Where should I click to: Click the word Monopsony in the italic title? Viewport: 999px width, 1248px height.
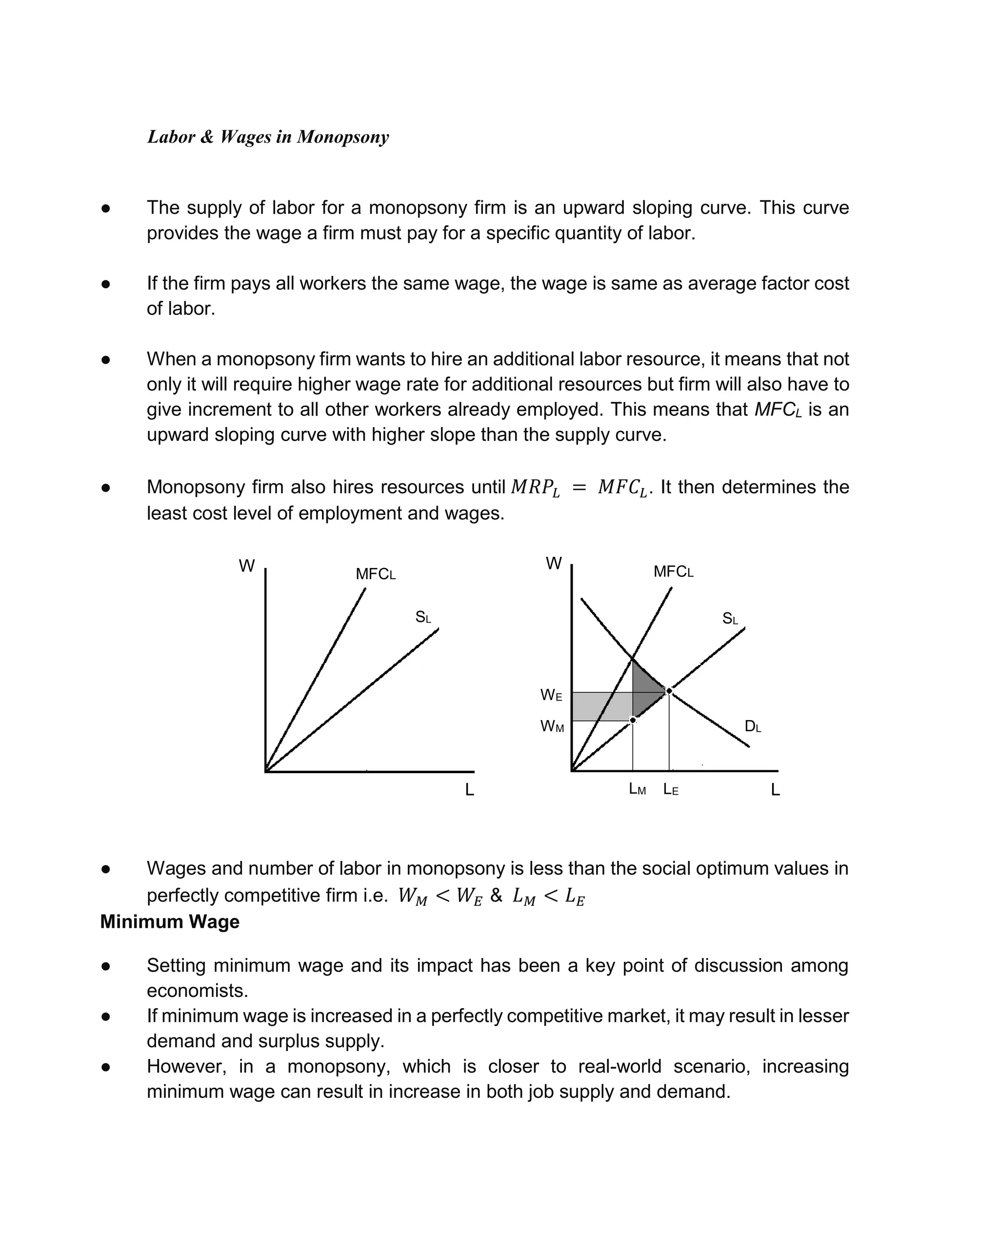tap(342, 137)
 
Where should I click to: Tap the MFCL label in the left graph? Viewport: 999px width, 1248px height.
tap(375, 574)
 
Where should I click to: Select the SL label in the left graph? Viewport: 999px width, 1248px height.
tap(423, 617)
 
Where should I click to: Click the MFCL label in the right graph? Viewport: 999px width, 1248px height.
tap(673, 572)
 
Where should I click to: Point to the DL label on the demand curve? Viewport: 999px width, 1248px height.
tap(752, 726)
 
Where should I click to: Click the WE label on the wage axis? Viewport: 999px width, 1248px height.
tap(551, 695)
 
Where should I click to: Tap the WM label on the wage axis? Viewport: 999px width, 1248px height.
tap(551, 726)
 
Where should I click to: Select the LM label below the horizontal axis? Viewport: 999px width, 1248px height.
tap(637, 790)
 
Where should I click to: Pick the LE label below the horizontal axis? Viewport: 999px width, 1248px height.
tap(671, 790)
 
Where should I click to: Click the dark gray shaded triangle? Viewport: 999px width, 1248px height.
tap(644, 691)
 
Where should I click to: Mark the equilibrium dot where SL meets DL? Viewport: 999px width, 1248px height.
tap(669, 691)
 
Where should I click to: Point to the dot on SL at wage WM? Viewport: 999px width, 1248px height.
tap(633, 720)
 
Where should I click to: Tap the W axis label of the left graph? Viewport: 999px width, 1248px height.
tap(247, 566)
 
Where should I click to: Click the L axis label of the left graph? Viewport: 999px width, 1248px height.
tap(470, 790)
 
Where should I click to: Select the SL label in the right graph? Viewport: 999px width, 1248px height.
tap(730, 619)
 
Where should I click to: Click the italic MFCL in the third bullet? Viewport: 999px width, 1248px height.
tap(778, 410)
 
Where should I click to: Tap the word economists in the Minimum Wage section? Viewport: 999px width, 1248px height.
tap(197, 991)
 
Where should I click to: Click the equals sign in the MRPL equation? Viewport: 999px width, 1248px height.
tap(579, 488)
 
